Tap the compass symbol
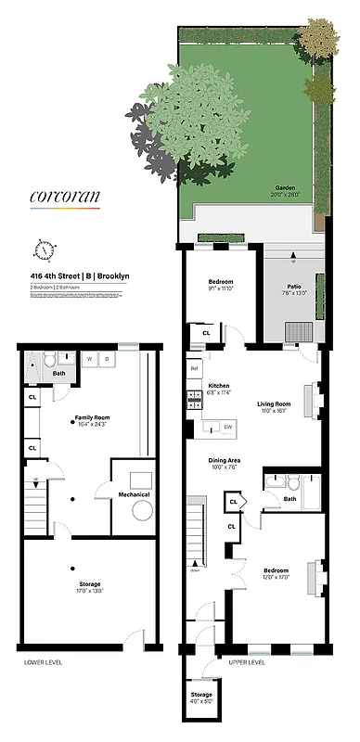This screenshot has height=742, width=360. point(44,249)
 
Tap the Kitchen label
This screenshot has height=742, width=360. point(218,386)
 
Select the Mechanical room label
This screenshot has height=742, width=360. point(134,506)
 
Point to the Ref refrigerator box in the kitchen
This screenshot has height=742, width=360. point(195,368)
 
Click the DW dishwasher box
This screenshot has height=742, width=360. point(227,427)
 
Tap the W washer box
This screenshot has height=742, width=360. point(89,358)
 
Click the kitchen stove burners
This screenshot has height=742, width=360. point(196,400)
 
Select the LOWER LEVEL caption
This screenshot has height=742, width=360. point(43,663)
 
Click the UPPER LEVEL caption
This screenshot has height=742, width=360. point(247,662)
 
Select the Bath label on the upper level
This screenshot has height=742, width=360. point(290,498)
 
